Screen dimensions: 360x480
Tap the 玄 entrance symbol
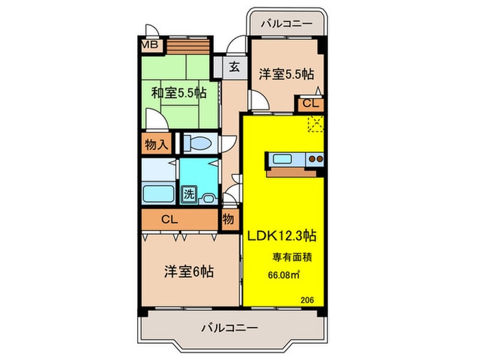pyautogui.click(x=233, y=67)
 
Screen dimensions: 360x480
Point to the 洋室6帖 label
pyautogui.click(x=188, y=271)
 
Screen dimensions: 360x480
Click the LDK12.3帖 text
pyautogui.click(x=281, y=235)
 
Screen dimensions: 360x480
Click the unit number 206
pyautogui.click(x=307, y=298)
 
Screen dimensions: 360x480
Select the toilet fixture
pyautogui.click(x=200, y=143)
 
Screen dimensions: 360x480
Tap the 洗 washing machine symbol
pyautogui.click(x=188, y=193)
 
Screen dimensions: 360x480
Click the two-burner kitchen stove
pyautogui.click(x=315, y=160)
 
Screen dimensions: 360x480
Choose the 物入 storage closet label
pyautogui.click(x=157, y=144)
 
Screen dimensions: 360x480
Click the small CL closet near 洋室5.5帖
pyautogui.click(x=310, y=104)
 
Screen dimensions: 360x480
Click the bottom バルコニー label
pyautogui.click(x=229, y=328)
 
